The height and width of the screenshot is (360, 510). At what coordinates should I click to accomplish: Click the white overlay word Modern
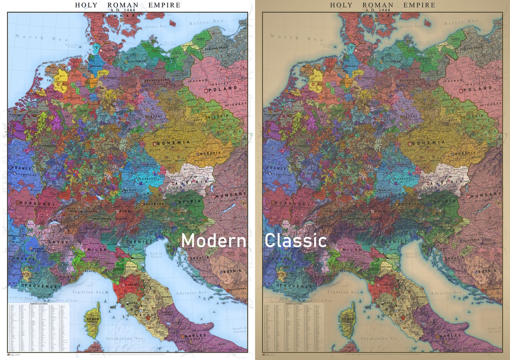pyautogui.click(x=213, y=241)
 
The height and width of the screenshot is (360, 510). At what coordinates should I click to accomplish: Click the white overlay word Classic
pyautogui.click(x=295, y=241)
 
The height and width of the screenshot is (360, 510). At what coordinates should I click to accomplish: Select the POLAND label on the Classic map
pyautogui.click(x=478, y=89)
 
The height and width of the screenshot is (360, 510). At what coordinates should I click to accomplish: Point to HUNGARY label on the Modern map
pyautogui.click(x=231, y=195)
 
